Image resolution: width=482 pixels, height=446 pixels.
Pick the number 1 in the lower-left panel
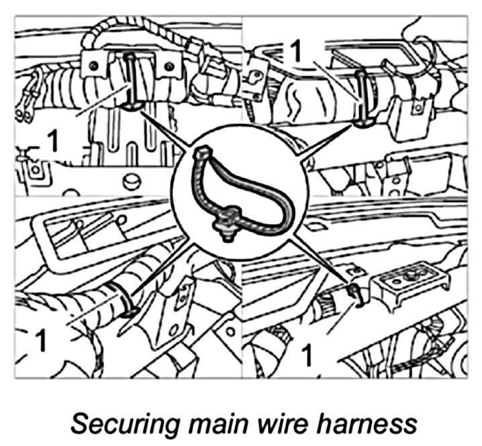point(40,341)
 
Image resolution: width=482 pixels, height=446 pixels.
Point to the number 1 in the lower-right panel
point(308,353)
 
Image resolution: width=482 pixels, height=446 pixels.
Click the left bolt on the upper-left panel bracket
point(93,65)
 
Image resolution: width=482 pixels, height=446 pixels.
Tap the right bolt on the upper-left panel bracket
point(169,66)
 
